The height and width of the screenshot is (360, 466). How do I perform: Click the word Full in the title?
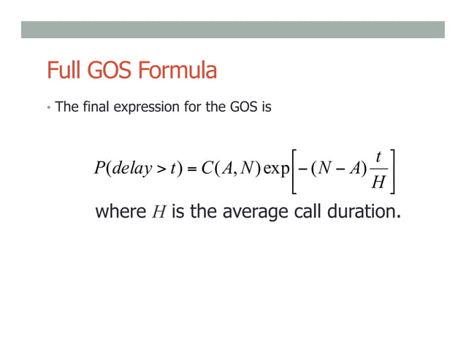62,72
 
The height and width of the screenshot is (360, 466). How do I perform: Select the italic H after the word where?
161,214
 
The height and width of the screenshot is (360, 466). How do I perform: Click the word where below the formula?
121,214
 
